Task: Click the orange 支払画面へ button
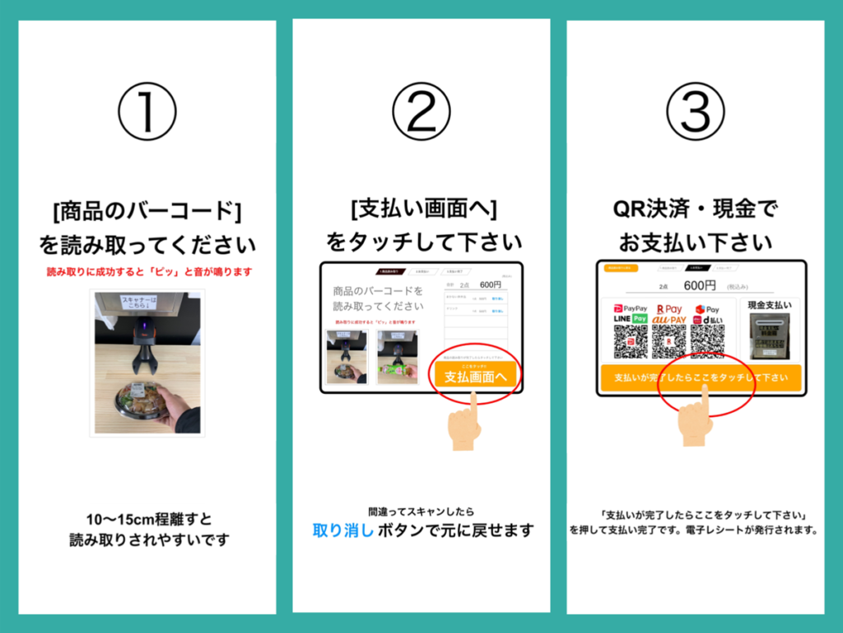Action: [475, 377]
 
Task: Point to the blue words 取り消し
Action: [343, 530]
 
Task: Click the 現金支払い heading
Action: [769, 305]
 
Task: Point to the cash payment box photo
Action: [769, 336]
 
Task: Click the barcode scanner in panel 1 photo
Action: [142, 337]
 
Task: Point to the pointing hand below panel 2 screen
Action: [464, 424]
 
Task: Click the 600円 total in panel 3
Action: [699, 285]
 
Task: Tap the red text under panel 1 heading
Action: [147, 271]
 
